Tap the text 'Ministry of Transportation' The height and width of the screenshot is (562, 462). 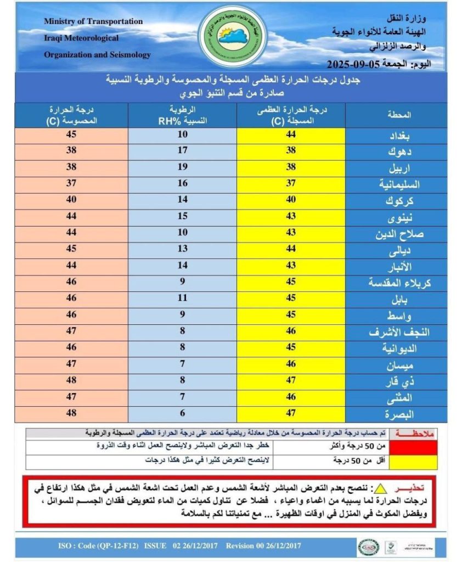click(93, 21)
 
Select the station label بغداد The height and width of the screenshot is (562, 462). click(400, 135)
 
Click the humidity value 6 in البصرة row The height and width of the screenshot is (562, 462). click(182, 413)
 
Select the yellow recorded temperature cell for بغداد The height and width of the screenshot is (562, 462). click(291, 135)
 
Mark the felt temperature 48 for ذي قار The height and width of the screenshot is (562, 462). click(71, 380)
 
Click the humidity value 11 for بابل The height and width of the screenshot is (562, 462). click(182, 299)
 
